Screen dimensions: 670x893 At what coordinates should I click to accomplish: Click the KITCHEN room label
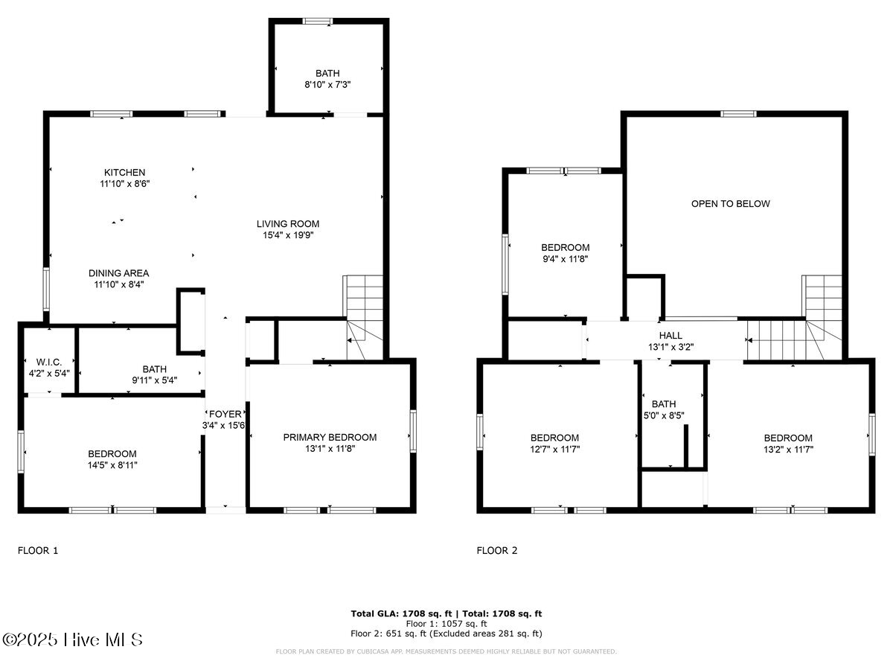coord(124,173)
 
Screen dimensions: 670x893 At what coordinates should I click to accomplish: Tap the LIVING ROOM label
coord(288,223)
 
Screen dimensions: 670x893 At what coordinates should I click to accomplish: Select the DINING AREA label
coord(119,272)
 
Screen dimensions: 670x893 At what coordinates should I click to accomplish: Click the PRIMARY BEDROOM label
coord(330,437)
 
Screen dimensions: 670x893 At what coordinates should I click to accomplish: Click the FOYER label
coord(224,414)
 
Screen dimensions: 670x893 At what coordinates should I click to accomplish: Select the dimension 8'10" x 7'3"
coord(327,85)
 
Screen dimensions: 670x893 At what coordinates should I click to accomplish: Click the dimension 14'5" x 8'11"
coord(112,465)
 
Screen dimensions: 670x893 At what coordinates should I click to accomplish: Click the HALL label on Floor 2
coord(670,336)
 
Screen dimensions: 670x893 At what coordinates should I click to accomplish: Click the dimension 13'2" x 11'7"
coord(787,449)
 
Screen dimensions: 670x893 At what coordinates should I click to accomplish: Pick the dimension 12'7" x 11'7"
coord(554,449)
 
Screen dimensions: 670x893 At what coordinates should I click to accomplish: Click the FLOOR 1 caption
coord(37,551)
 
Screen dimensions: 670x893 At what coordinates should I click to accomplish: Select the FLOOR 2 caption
coord(496,551)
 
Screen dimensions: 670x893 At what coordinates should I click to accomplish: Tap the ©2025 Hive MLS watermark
coord(72,639)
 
